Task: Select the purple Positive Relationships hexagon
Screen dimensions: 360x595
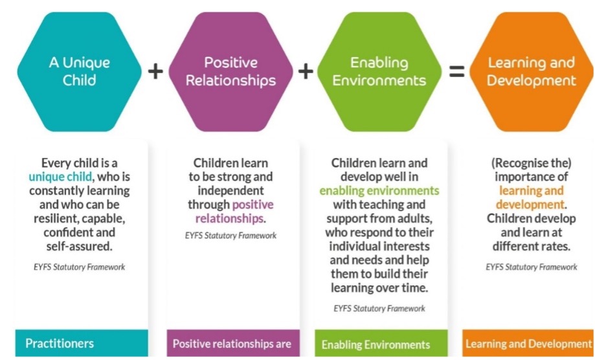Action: [x=230, y=71]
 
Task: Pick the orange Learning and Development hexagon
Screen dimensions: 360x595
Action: [x=531, y=71]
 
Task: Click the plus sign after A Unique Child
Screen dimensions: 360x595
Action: [x=155, y=71]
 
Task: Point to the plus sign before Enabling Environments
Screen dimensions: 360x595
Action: [x=306, y=71]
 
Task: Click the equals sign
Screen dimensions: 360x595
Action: [x=456, y=71]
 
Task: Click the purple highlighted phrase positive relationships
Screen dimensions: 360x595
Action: [x=230, y=211]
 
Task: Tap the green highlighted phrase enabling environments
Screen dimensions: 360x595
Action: [x=379, y=190]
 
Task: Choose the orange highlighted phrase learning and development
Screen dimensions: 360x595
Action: [x=531, y=197]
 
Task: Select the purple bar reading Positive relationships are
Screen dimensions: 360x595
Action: [x=231, y=344]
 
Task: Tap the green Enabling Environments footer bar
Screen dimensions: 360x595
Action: [x=380, y=344]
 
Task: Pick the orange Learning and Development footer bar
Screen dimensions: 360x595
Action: [x=528, y=344]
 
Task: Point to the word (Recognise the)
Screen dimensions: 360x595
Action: [x=531, y=163]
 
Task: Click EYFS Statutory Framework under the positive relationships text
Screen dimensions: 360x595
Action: [x=230, y=235]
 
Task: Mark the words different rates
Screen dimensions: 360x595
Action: [x=531, y=247]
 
